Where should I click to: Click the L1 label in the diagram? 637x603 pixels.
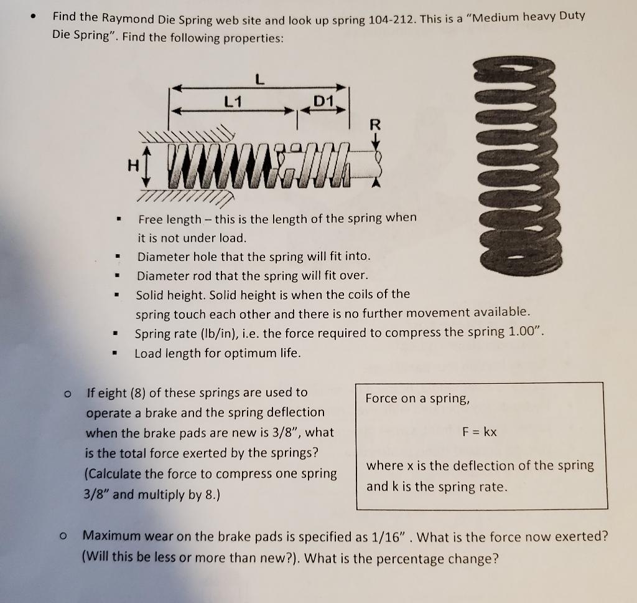[x=234, y=101]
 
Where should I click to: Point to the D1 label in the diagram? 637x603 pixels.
[x=323, y=100]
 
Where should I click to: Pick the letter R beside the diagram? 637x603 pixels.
[x=374, y=124]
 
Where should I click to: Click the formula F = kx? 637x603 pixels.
[x=480, y=431]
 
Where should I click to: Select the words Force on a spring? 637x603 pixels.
[x=417, y=398]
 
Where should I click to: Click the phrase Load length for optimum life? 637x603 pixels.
[x=218, y=353]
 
